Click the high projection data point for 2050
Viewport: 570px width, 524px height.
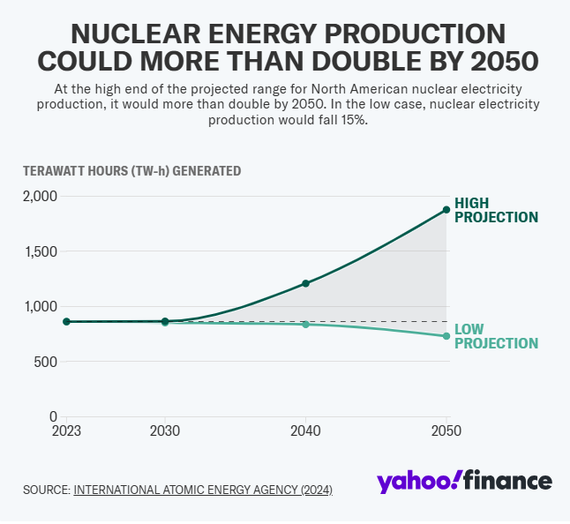tap(446, 210)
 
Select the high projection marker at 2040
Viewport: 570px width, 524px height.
tap(305, 283)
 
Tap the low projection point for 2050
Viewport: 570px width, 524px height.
tap(446, 336)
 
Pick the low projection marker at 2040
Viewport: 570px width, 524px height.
tap(305, 325)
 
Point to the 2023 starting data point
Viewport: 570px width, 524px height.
tap(66, 322)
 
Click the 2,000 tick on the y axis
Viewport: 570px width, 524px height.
tap(40, 196)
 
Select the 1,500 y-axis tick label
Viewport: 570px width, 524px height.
tap(41, 251)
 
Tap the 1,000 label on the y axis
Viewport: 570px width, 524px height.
tap(41, 306)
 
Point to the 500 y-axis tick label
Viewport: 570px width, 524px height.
tap(46, 362)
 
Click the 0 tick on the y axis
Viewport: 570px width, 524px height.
tap(53, 416)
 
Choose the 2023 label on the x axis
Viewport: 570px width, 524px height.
tap(67, 431)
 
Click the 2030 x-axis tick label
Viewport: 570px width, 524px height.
tap(165, 431)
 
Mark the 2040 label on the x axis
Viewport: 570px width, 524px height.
tap(305, 431)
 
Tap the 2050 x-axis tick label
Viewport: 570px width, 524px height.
tap(446, 431)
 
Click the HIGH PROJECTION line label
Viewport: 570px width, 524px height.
tap(495, 210)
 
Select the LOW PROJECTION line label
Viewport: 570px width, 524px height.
tap(495, 336)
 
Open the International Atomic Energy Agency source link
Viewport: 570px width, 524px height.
tap(203, 489)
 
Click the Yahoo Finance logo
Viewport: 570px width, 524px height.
tap(464, 482)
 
